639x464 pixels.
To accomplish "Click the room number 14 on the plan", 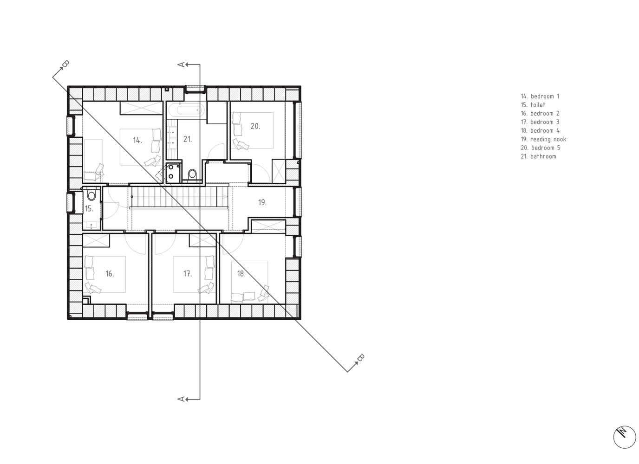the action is [137, 140].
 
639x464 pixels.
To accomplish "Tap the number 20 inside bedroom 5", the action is [255, 126].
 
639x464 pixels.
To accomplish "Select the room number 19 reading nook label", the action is [262, 202].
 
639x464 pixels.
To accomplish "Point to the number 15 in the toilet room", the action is [89, 209].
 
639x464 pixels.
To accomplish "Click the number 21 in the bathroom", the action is [188, 139].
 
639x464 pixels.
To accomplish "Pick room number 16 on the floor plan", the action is [110, 274].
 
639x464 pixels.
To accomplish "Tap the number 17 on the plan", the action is [188, 274].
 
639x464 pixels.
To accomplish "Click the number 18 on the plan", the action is [241, 274].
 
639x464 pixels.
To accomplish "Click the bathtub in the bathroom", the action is [186, 110].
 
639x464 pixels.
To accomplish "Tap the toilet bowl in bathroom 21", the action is [192, 174].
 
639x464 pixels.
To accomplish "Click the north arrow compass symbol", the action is [625, 437].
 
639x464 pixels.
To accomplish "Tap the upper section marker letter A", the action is [181, 64].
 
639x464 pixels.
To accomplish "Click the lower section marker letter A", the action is [181, 400].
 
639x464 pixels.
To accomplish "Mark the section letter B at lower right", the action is [361, 358].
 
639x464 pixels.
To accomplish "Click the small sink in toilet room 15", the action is [91, 226].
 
